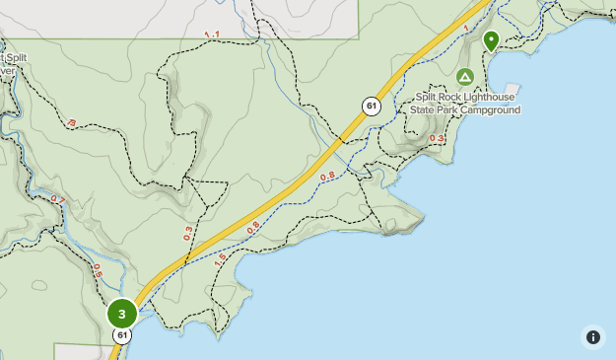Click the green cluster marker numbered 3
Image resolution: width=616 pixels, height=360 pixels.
coord(122,315)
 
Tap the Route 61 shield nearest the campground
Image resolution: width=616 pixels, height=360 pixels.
coord(371,107)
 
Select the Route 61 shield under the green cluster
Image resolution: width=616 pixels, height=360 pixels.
coord(122,336)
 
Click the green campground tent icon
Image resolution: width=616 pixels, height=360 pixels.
coord(465,77)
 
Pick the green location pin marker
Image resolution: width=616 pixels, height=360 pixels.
coord(491,40)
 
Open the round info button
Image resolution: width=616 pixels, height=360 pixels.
coord(592,337)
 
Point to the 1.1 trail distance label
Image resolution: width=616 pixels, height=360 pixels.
coord(212,36)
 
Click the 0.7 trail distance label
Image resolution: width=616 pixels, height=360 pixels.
coord(56,200)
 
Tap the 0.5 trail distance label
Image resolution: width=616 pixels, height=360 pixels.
coord(98,268)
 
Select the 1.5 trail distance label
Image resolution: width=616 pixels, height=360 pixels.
coord(221,258)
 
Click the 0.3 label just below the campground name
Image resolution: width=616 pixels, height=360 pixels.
coord(438,139)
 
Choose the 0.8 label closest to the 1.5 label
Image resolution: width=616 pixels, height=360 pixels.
coord(253,226)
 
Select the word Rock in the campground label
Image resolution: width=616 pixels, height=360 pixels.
coord(443,97)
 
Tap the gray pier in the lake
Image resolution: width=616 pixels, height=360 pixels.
coord(511,89)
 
